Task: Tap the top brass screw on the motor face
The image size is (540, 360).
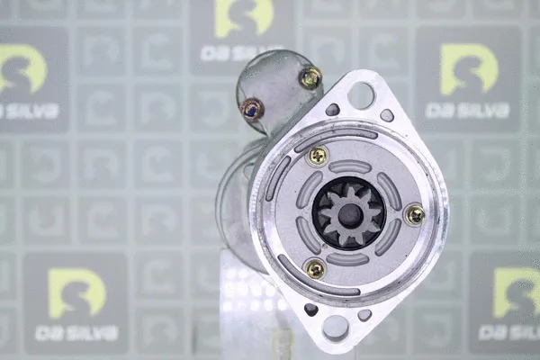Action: [318, 156]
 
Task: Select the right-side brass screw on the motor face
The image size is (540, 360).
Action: [415, 215]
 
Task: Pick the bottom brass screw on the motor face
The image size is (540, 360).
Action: [315, 269]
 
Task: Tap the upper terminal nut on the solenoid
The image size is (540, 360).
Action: [311, 78]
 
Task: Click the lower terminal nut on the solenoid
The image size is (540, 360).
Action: [252, 109]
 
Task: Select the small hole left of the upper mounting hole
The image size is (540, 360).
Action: [333, 110]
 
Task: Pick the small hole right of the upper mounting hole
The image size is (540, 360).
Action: [387, 115]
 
